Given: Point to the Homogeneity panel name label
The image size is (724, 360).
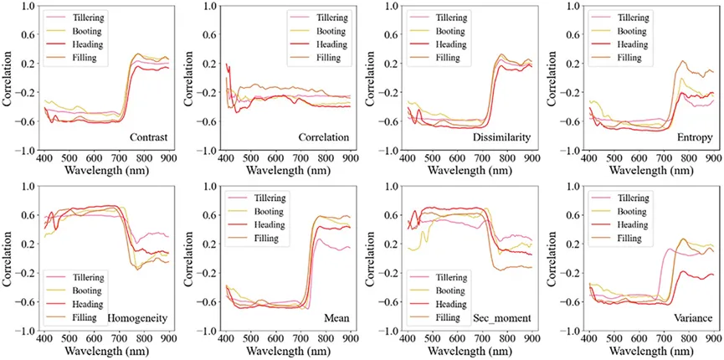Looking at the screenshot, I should (139, 318).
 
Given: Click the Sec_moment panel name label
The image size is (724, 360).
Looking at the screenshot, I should (503, 318).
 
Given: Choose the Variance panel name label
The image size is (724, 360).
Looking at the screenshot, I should (689, 318).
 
